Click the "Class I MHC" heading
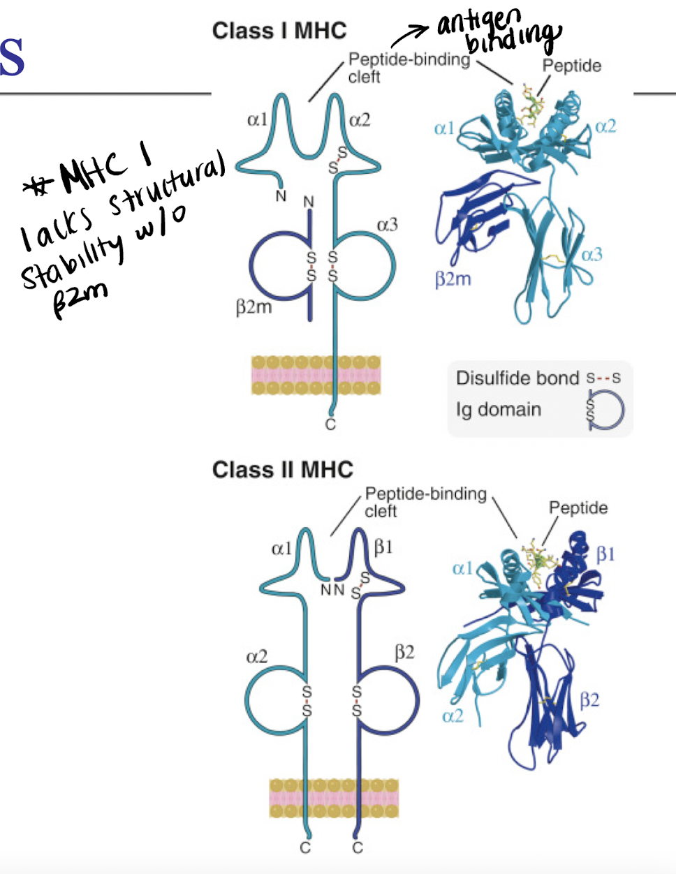point(279,31)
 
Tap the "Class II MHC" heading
point(283,469)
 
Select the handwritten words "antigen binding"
point(499,31)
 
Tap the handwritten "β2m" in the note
point(80,302)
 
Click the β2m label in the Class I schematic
point(253,307)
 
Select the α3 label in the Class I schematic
point(388,225)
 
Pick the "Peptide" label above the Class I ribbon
point(572,66)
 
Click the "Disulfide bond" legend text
point(517,378)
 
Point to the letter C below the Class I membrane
point(330,424)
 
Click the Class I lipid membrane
point(316,376)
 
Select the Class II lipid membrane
point(334,799)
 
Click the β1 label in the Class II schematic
point(383,547)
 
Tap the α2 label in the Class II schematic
point(256,657)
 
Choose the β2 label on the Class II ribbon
point(589,699)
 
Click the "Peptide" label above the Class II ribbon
point(578,508)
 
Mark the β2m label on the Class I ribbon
point(453,280)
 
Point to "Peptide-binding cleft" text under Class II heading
point(425,502)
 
